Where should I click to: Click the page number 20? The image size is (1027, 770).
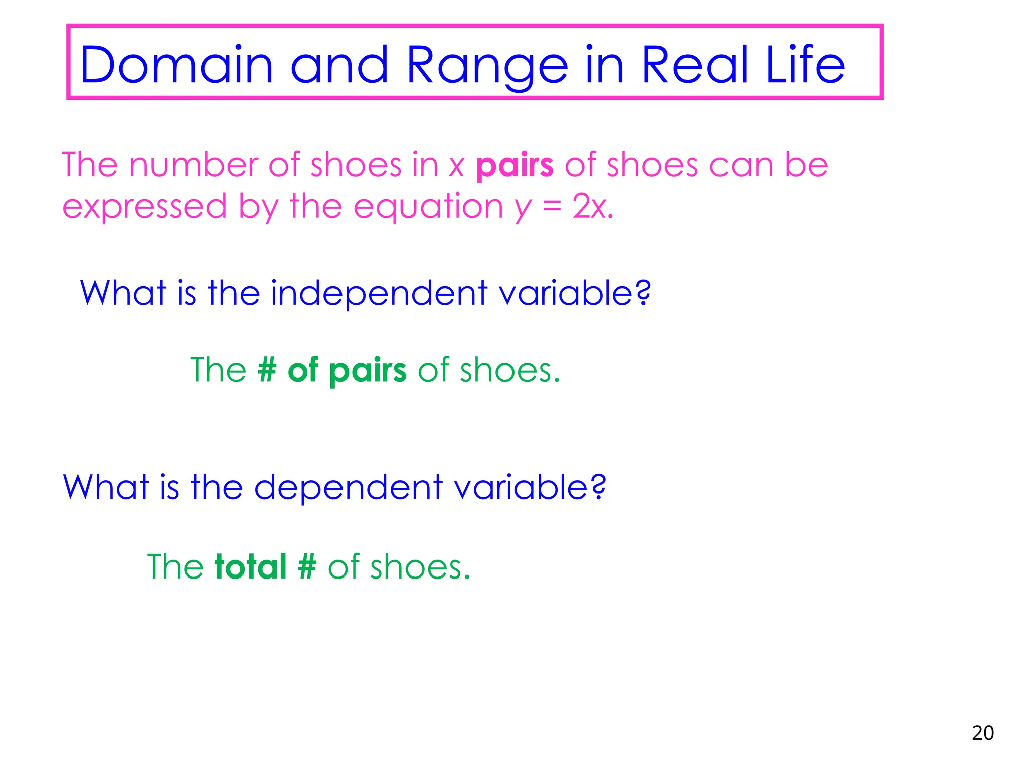pyautogui.click(x=982, y=733)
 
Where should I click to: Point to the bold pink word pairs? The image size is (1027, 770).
pyautogui.click(x=515, y=165)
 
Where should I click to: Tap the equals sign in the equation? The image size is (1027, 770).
pyautogui.click(x=552, y=207)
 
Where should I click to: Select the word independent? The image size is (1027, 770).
pyautogui.click(x=379, y=293)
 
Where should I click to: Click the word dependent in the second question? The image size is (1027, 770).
pyautogui.click(x=349, y=487)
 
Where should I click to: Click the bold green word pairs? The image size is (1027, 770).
pyautogui.click(x=368, y=371)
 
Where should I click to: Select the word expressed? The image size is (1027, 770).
pyautogui.click(x=144, y=207)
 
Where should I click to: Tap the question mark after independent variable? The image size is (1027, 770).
pyautogui.click(x=642, y=293)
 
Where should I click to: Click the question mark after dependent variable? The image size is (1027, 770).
pyautogui.click(x=598, y=487)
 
